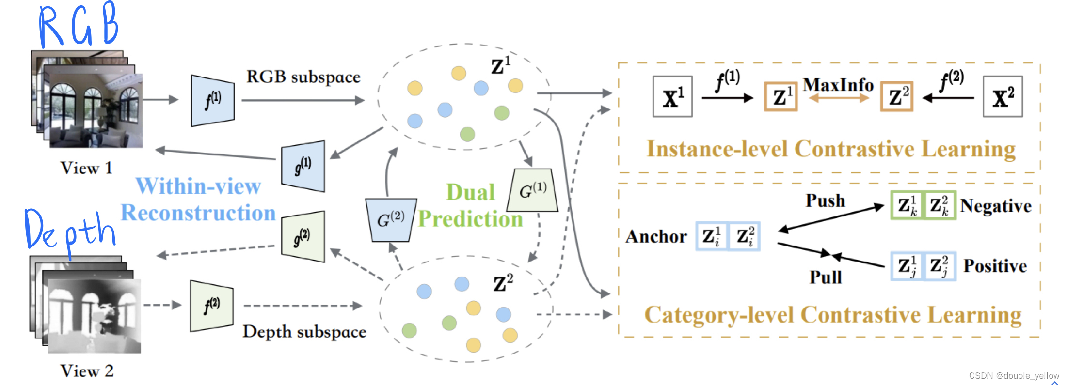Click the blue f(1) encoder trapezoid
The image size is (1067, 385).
(212, 101)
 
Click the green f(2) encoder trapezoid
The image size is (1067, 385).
(211, 306)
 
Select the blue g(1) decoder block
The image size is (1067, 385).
(303, 166)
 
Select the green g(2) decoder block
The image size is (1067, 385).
(303, 237)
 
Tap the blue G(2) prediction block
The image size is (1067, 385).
(391, 220)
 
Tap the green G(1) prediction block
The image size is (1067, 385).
(532, 190)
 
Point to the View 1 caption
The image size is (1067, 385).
(86, 168)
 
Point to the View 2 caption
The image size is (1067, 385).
(87, 371)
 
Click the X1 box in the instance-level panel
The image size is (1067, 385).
(672, 97)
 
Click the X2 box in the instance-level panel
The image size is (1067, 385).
(1003, 97)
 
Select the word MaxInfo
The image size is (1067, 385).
(838, 85)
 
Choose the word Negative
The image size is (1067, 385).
(995, 206)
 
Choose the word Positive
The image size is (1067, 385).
(995, 266)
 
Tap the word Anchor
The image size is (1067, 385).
(656, 236)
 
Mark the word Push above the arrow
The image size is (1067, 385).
(825, 200)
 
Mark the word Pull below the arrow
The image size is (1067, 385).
(825, 277)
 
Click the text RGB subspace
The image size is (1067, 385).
(303, 77)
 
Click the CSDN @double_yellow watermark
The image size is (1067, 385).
(1014, 375)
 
